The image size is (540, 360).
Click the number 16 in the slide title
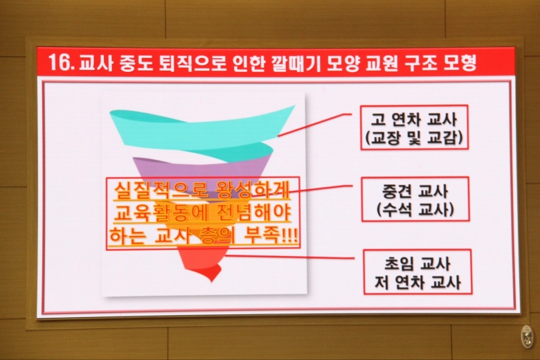60,62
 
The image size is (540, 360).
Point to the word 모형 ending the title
460,62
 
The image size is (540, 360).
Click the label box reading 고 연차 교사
414,127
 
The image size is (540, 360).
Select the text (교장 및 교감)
414,138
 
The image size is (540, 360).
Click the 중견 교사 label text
415,190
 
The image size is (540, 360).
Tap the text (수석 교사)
415,209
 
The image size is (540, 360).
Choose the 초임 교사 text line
417,264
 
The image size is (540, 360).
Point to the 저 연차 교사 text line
417,282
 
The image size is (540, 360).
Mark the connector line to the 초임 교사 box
289,257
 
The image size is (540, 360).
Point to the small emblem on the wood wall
527,336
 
